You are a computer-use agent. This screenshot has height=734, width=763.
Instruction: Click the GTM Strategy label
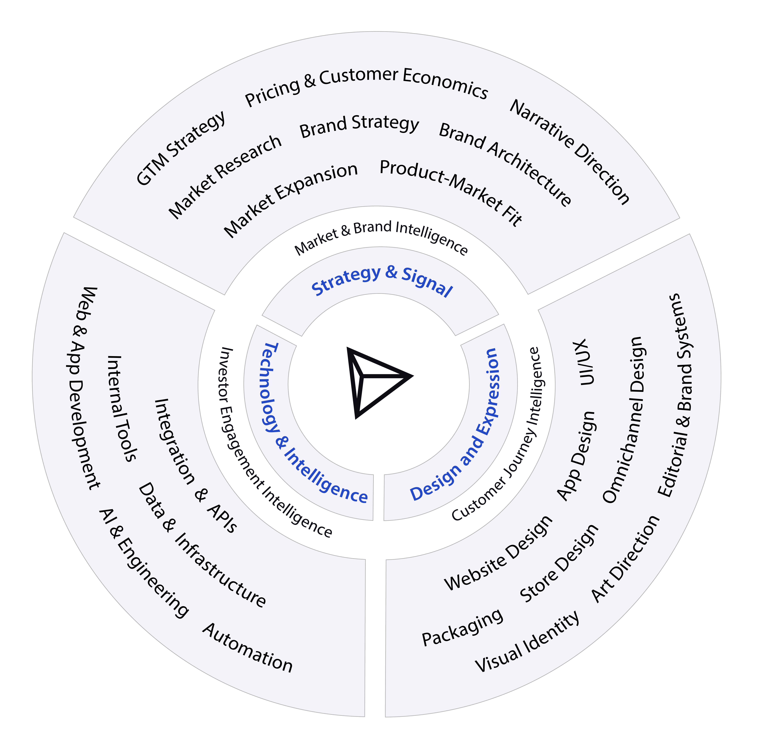[181, 148]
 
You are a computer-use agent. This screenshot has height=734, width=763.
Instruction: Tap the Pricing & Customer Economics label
[366, 86]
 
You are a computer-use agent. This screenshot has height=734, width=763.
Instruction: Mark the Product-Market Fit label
[452, 191]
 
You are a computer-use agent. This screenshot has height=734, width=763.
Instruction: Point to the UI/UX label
[584, 362]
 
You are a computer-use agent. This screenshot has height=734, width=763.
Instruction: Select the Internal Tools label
[121, 409]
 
